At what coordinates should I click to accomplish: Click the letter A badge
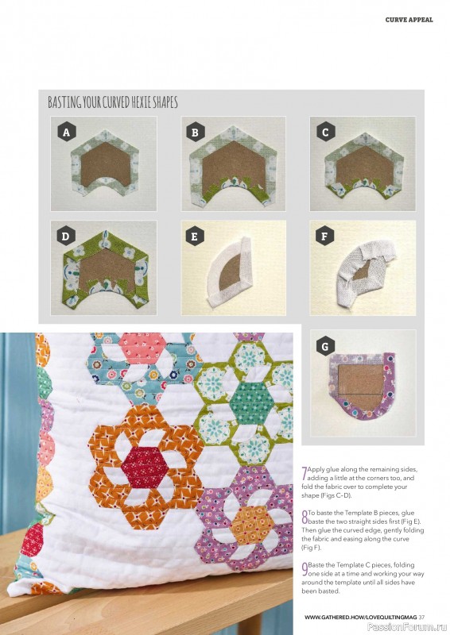pyautogui.click(x=66, y=133)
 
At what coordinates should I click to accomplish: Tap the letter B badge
pyautogui.click(x=195, y=133)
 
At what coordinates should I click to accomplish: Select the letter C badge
pyautogui.click(x=324, y=133)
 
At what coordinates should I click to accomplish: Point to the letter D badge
pyautogui.click(x=66, y=237)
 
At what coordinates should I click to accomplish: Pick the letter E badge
pyautogui.click(x=195, y=237)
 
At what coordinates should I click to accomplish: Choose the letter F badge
pyautogui.click(x=324, y=237)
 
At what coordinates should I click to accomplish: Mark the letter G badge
pyautogui.click(x=324, y=347)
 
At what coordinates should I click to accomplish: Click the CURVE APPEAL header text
pyautogui.click(x=409, y=20)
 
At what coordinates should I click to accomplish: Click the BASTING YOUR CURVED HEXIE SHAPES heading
pyautogui.click(x=112, y=102)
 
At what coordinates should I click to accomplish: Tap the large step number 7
pyautogui.click(x=304, y=473)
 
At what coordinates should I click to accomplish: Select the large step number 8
pyautogui.click(x=304, y=515)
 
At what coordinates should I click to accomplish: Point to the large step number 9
pyautogui.click(x=304, y=567)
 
